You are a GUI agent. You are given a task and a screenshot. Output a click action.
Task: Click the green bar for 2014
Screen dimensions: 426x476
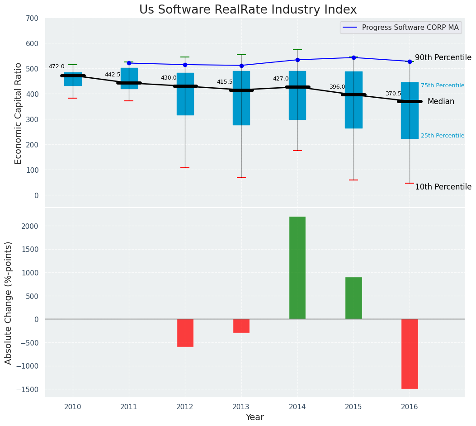(x=297, y=268)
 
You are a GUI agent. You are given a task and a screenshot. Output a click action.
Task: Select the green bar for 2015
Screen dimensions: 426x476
(x=353, y=298)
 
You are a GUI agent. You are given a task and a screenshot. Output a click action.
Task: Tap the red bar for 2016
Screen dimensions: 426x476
(x=410, y=354)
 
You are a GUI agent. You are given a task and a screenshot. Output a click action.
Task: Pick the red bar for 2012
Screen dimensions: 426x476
(x=185, y=333)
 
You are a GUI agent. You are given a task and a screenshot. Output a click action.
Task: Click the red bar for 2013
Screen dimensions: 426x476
(x=241, y=326)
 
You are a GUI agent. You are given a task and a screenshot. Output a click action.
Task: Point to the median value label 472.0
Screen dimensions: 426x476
(x=57, y=66)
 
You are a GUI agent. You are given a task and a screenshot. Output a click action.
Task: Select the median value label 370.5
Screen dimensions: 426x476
(x=393, y=94)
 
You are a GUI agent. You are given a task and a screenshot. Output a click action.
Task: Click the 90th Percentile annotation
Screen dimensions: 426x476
(x=443, y=57)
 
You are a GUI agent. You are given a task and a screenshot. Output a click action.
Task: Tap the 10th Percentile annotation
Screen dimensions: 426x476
(x=443, y=187)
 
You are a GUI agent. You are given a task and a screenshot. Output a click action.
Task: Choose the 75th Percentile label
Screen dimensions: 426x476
(x=442, y=85)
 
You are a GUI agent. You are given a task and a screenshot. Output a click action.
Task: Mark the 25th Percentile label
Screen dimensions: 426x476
(x=442, y=136)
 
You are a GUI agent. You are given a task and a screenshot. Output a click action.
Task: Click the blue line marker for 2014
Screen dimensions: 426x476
(x=297, y=60)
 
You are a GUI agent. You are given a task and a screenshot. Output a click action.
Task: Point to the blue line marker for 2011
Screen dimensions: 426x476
(x=129, y=63)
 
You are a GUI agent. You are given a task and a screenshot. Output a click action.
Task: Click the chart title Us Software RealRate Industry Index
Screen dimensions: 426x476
(x=248, y=9)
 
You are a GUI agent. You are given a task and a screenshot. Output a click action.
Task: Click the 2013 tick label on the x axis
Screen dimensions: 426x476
(x=241, y=407)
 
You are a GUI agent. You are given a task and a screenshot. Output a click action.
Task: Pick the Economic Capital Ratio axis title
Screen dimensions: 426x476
(x=19, y=113)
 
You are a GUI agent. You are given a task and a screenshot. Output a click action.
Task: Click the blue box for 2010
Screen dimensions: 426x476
(x=73, y=79)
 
